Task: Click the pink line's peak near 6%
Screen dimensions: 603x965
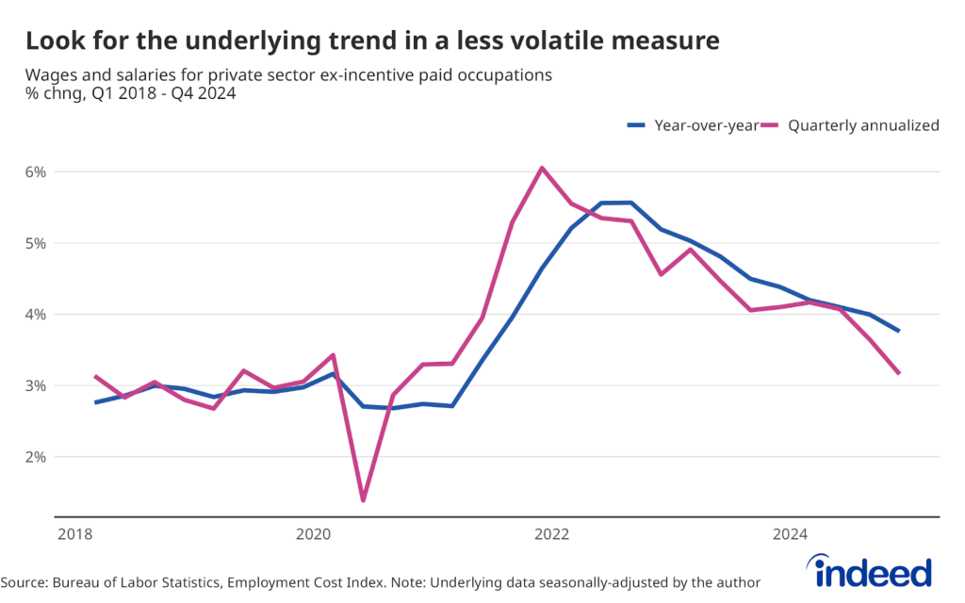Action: [542, 168]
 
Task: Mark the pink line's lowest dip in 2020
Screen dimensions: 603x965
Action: [363, 500]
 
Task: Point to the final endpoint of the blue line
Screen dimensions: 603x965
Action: [900, 331]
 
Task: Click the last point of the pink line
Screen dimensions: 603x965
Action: [900, 373]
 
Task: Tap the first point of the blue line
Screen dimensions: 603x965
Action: [94, 402]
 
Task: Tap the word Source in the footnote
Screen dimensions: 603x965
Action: [25, 582]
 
